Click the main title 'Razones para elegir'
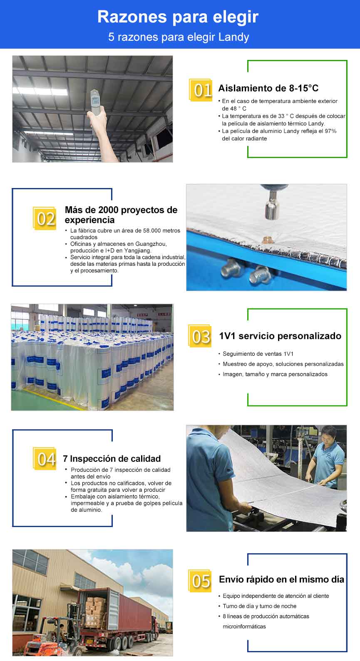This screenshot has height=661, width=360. (x=178, y=17)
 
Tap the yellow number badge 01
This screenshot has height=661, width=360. (x=201, y=90)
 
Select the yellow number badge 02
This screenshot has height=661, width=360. (x=45, y=218)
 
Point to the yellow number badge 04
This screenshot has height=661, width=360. (x=45, y=459)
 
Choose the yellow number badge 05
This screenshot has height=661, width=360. (x=200, y=581)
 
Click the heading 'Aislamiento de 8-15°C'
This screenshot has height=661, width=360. (x=268, y=88)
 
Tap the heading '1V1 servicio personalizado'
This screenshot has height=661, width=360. (x=280, y=336)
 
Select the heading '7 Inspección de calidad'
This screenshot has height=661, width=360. (x=112, y=458)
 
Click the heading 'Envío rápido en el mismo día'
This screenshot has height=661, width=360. (x=281, y=579)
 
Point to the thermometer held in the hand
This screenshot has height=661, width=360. (x=95, y=102)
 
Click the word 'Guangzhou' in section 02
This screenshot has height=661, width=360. (x=151, y=244)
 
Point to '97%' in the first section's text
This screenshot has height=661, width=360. (x=330, y=131)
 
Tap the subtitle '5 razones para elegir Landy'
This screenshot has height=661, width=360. (x=179, y=37)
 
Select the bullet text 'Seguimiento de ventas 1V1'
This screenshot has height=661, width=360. (x=258, y=354)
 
